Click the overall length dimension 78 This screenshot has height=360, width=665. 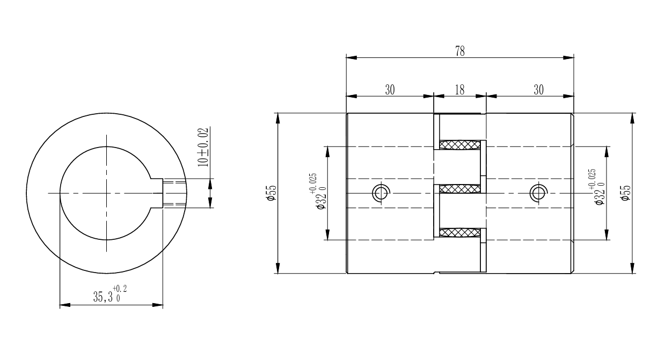(460, 52)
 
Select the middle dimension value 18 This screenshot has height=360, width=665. (459, 90)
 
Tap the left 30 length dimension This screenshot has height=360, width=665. (390, 90)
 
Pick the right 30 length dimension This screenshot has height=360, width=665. (538, 90)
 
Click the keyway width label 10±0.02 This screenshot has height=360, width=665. (203, 147)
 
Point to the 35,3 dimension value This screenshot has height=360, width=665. (103, 297)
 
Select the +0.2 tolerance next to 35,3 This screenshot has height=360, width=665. (120, 289)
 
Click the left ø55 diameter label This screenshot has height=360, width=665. (272, 193)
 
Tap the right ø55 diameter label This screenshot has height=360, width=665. (626, 193)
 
